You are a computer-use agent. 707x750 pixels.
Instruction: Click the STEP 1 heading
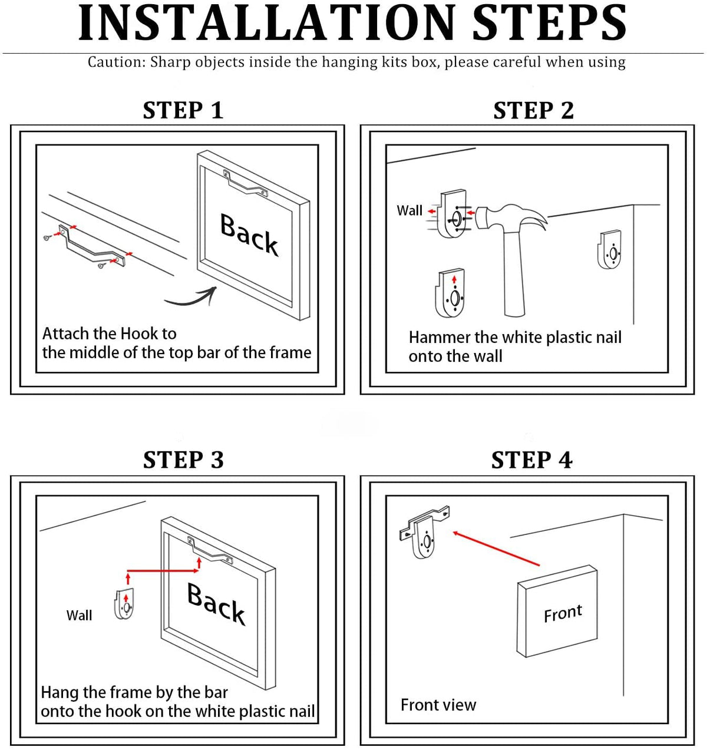183,110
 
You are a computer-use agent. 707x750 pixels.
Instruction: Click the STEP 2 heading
533,110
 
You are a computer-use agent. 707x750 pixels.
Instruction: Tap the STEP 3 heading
183,460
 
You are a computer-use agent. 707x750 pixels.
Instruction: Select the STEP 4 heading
532,460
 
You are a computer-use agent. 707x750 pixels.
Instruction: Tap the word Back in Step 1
249,234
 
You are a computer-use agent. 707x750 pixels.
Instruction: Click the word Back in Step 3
216,603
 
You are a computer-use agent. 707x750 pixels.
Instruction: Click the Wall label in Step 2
409,210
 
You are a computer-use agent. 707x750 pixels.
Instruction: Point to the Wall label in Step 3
79,615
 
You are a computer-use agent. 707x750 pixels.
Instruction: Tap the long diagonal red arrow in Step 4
496,549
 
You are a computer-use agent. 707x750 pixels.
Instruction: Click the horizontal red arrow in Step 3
163,571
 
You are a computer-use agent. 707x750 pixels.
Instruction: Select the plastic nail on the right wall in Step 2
609,249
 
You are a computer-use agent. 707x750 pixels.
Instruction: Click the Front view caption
438,705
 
